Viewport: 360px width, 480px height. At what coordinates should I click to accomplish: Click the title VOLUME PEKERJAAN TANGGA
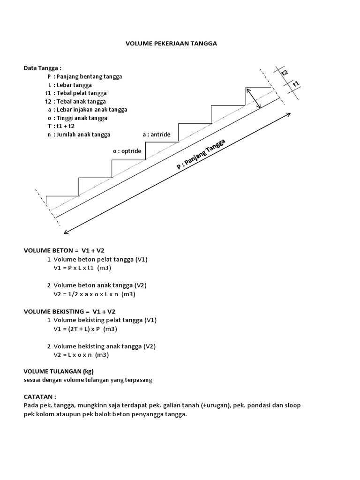point(172,43)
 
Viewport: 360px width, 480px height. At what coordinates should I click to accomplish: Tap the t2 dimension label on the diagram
point(284,73)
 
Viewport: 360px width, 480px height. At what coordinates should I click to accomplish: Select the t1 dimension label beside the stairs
point(296,84)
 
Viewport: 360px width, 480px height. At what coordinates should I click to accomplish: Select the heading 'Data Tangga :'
point(43,68)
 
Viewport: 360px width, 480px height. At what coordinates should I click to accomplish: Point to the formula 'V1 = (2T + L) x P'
point(85,329)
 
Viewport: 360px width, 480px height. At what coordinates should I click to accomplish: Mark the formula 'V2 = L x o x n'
point(81,355)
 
